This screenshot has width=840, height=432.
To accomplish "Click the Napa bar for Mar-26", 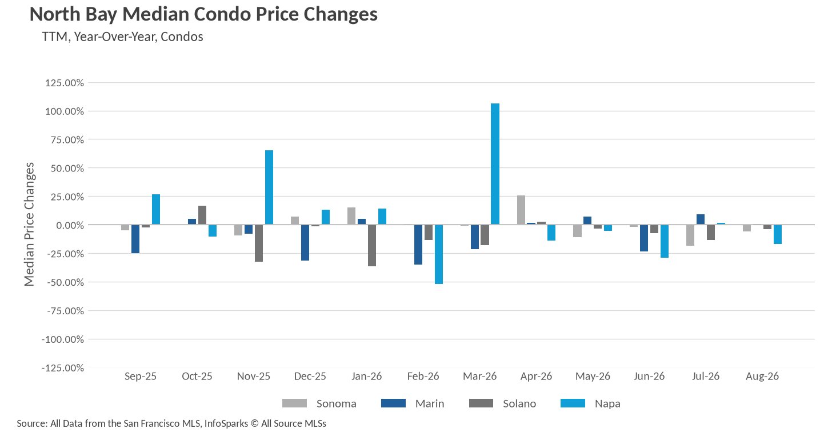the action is tap(495, 164).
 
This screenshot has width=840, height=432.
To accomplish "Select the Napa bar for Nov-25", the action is tap(269, 187).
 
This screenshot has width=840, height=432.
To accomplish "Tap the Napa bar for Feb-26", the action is tap(439, 254).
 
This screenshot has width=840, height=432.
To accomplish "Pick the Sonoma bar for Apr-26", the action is tap(521, 210).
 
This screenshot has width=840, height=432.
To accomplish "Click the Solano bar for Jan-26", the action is tap(372, 246).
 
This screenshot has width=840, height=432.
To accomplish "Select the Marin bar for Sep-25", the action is tap(135, 239).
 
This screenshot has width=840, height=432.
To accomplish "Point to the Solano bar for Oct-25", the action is tap(202, 215).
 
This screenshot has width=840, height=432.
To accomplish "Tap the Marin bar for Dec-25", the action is tap(305, 243).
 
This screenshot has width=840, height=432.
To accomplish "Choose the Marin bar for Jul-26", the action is tap(701, 219).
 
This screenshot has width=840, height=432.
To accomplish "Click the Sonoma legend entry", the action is tap(319, 403).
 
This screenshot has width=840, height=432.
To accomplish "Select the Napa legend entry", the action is tap(591, 403).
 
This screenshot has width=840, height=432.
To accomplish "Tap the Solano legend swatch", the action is tap(481, 403).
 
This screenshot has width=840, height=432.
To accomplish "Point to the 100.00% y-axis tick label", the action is tap(65, 111).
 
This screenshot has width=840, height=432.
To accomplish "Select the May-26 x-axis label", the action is tap(593, 376).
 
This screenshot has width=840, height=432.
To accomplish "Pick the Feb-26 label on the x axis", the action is tap(423, 376).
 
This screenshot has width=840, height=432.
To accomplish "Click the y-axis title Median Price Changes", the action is tap(29, 224).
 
